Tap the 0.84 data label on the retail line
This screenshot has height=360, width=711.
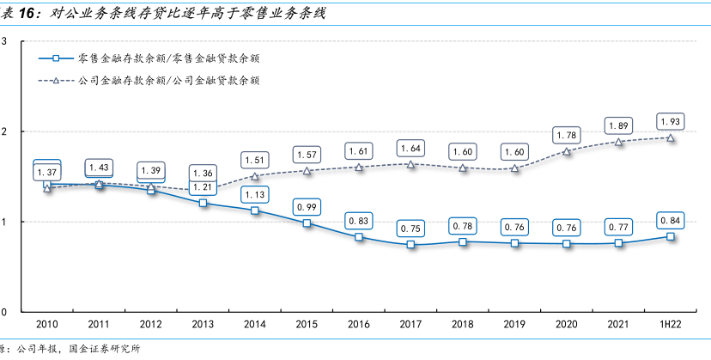pos(671,221)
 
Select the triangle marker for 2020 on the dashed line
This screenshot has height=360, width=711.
pos(566,151)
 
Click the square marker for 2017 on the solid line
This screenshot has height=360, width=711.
pos(410,244)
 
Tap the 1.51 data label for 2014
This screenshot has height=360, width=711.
pos(255,159)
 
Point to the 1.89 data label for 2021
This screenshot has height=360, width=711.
pos(618,125)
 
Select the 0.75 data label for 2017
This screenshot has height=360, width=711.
pos(410,229)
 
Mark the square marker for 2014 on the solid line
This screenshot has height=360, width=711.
pos(255,210)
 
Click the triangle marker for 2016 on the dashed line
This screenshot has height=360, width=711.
pos(359,167)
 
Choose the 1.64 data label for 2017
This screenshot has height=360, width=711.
pos(410,148)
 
